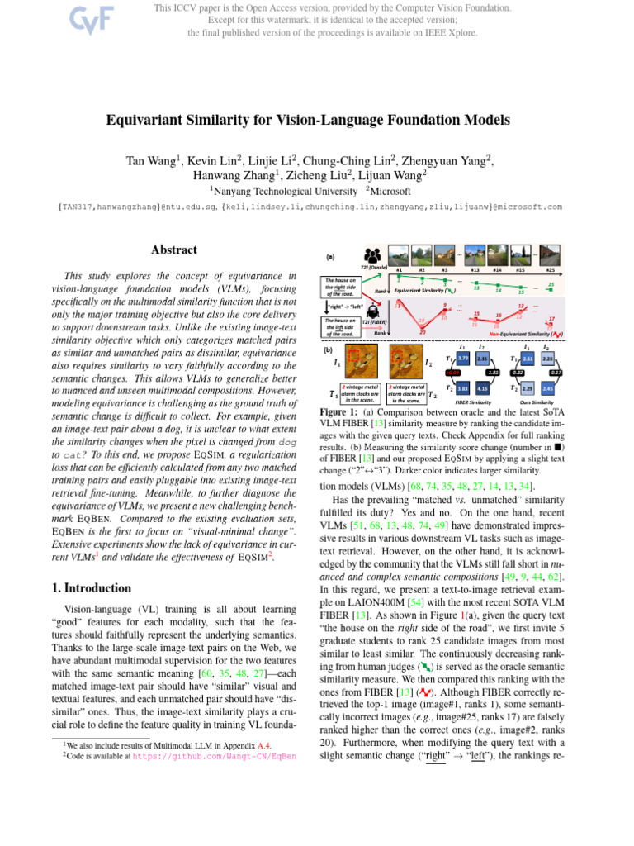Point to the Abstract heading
tap(174, 250)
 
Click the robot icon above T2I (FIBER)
tap(371, 311)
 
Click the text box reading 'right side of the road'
tap(339, 286)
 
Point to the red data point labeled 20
tap(423, 332)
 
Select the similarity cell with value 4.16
tap(482, 387)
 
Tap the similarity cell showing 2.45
tap(546, 387)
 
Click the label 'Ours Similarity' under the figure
tap(537, 402)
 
